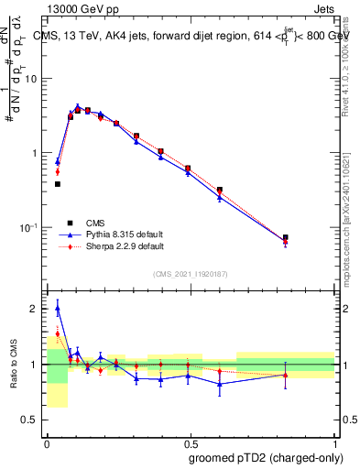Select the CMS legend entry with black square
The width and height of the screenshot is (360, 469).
[x=95, y=222]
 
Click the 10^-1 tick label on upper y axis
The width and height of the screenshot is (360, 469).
[x=30, y=227]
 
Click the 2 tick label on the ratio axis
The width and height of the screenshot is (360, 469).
[x=35, y=309]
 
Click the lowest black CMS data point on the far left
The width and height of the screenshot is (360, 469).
[x=58, y=184]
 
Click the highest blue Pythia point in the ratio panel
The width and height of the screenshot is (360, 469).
[x=58, y=310]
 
